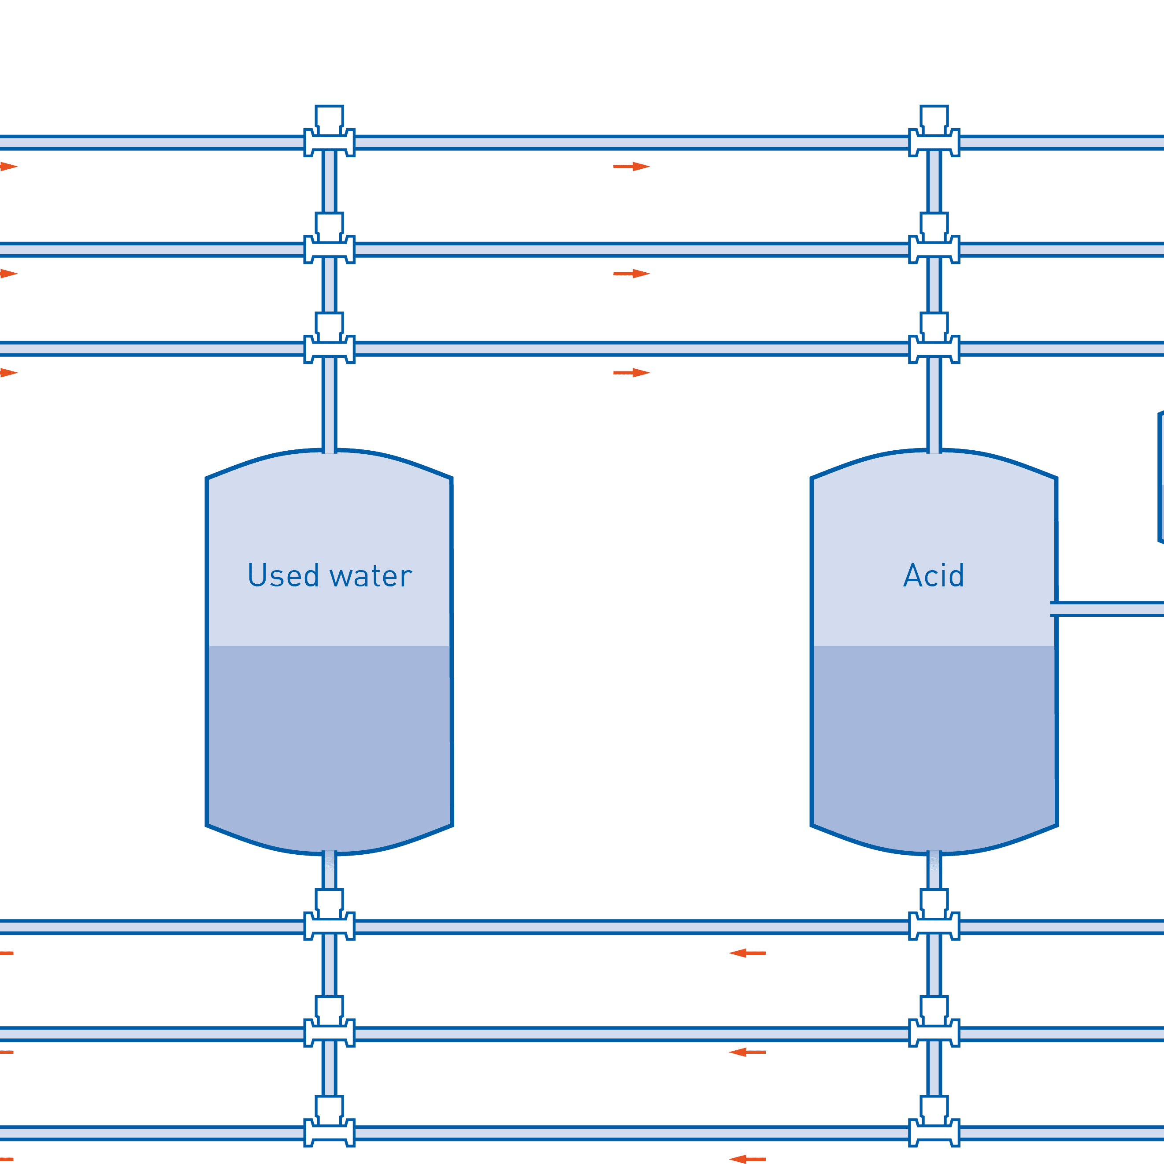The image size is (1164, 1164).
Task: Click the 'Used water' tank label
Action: coord(330,576)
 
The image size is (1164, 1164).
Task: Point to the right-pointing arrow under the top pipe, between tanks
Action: coord(631,166)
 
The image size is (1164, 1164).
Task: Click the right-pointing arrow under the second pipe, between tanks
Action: coord(631,274)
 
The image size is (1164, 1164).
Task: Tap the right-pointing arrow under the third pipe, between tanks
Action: coord(631,373)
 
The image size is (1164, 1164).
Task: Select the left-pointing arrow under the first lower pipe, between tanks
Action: coord(747,953)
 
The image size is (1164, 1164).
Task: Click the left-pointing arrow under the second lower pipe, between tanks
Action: coord(747,1053)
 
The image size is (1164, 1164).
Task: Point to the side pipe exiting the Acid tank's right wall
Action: coord(1108,608)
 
